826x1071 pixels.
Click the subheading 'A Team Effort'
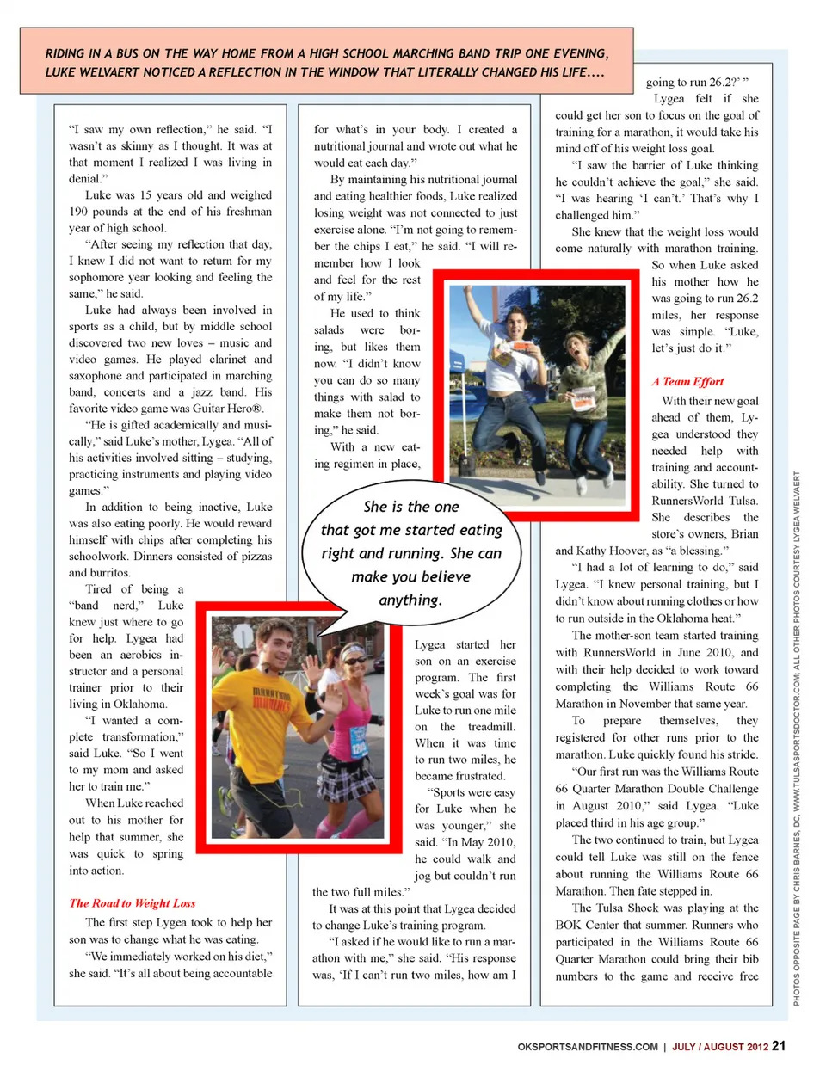click(x=687, y=381)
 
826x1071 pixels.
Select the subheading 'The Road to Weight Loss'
click(x=133, y=903)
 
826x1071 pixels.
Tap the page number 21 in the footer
click(x=779, y=1046)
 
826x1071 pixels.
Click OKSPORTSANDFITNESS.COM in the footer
click(x=588, y=1047)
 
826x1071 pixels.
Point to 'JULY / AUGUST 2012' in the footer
click(x=719, y=1047)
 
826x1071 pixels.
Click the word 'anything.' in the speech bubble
click(x=410, y=600)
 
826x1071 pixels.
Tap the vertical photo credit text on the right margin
click(x=797, y=740)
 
